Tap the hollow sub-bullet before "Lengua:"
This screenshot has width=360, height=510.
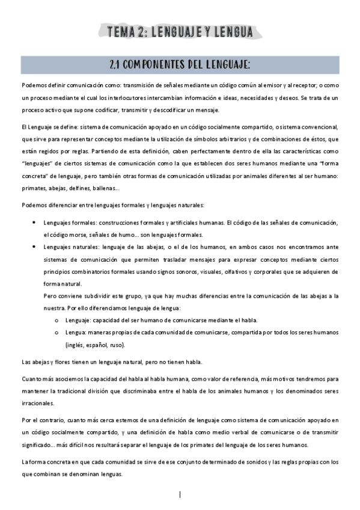pyautogui.click(x=56, y=332)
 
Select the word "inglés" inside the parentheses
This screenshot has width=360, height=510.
pyautogui.click(x=78, y=345)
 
